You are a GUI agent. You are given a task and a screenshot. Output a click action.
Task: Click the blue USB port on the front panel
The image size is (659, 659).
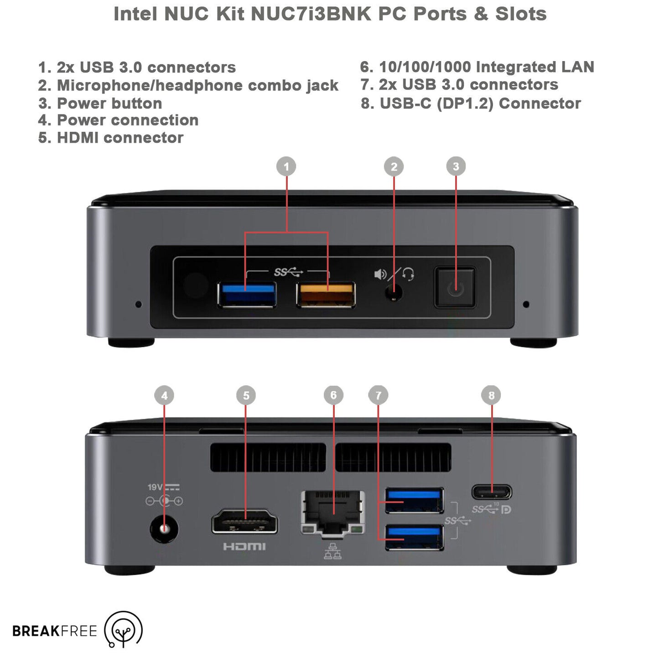[247, 295]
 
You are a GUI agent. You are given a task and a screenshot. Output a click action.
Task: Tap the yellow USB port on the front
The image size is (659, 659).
[326, 295]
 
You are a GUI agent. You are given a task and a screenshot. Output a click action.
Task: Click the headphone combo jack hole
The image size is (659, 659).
[394, 293]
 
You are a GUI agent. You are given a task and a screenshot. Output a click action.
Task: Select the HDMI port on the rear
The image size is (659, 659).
[244, 521]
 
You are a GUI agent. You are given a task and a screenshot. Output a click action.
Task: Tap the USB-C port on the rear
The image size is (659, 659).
[492, 493]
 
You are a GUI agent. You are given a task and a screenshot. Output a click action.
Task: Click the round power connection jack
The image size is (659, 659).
[165, 529]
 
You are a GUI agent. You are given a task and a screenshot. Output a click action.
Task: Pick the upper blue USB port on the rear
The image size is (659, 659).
[414, 500]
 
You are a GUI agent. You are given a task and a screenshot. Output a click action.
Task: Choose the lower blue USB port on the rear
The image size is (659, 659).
[414, 537]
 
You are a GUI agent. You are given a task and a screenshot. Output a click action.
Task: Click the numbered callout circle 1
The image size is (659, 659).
[286, 166]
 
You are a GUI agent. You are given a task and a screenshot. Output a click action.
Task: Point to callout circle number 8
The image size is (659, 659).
[491, 395]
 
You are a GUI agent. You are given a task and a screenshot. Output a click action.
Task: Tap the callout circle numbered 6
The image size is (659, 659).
[333, 395]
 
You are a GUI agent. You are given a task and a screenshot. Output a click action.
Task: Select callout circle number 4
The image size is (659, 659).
[164, 395]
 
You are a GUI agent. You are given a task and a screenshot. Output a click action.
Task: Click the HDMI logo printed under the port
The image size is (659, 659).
[244, 546]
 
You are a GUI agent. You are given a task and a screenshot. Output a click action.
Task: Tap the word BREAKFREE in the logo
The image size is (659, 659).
[55, 631]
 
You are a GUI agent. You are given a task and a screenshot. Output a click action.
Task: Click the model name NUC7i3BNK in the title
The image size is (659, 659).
[311, 14]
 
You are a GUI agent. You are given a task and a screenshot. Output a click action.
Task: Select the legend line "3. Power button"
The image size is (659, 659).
[100, 103]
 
